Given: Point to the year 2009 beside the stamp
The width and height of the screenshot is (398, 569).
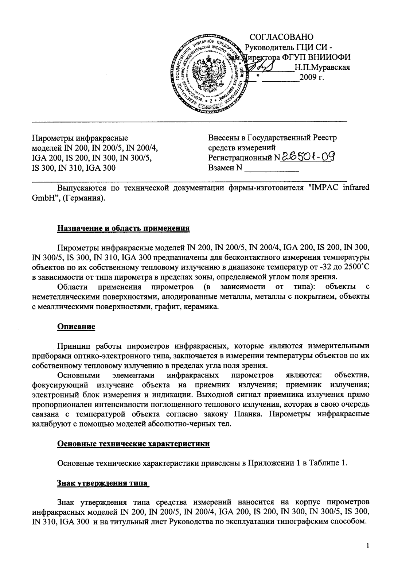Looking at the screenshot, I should pos(307,77).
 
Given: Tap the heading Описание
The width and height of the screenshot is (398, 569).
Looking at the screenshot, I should pos(76,326).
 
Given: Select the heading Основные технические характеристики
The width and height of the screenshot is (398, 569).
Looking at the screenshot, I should pos(134,444).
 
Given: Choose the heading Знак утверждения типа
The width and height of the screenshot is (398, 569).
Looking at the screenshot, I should pos(103,483).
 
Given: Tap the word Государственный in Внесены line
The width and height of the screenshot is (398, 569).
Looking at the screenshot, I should pos(280,138).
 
